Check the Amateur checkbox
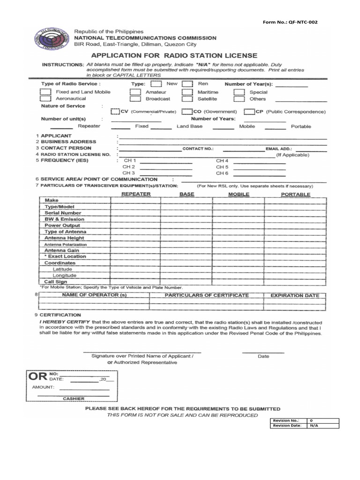(x=135, y=92)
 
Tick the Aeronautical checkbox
(x=45, y=99)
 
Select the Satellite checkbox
(x=187, y=99)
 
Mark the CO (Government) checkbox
(x=186, y=112)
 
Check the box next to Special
(x=239, y=92)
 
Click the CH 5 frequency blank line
(x=259, y=167)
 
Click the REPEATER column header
(x=136, y=194)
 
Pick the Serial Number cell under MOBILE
(x=238, y=213)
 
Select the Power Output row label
(x=62, y=225)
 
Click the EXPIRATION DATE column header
(x=295, y=296)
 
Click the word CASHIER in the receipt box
(x=74, y=398)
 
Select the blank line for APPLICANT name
(x=222, y=136)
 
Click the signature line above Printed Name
(x=142, y=352)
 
